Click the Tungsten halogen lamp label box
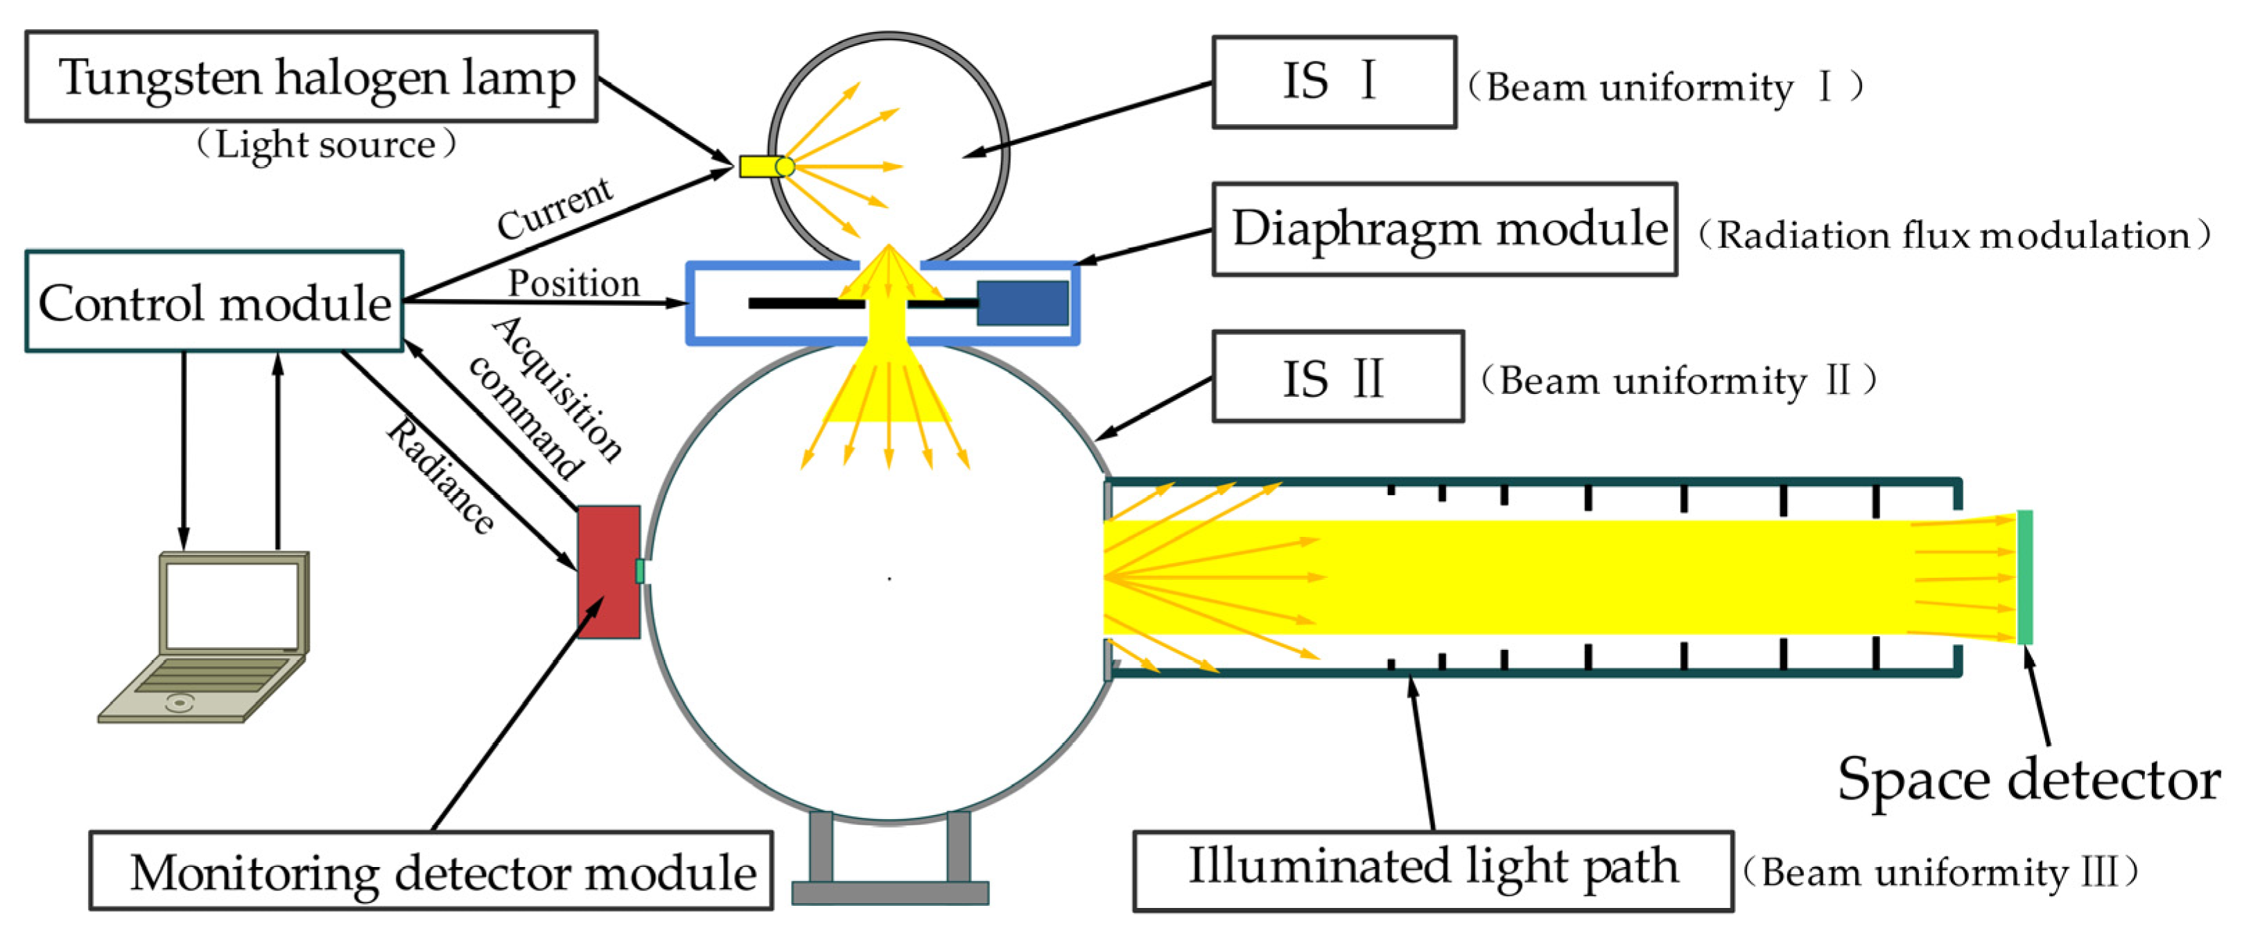pos(311,76)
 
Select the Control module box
pos(214,302)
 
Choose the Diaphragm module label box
pos(1444,230)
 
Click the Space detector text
pos(2028,779)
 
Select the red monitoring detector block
pos(609,572)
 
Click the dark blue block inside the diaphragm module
pos(1022,303)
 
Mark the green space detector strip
pos(2025,577)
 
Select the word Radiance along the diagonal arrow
pos(440,474)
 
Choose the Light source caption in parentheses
pos(327,144)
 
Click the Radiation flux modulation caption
pos(1954,235)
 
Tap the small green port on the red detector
pos(640,571)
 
